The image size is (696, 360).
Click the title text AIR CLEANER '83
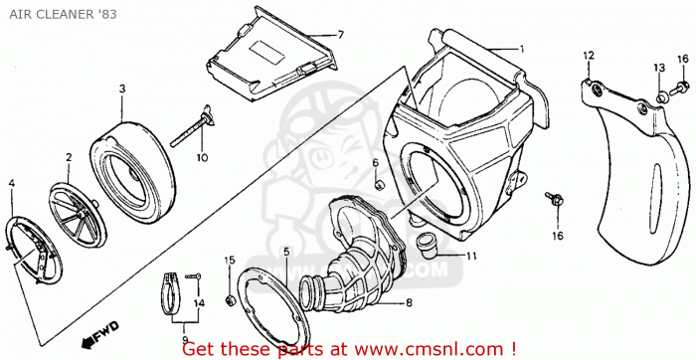pyautogui.click(x=63, y=14)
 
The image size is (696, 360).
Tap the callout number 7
pyautogui.click(x=340, y=35)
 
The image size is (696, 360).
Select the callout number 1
pyautogui.click(x=522, y=50)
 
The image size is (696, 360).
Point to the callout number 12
pyautogui.click(x=589, y=56)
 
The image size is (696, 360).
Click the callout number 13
pyautogui.click(x=659, y=68)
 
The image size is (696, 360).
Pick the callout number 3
pyautogui.click(x=122, y=89)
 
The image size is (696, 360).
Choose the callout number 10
pyautogui.click(x=202, y=157)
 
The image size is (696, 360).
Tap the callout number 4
pyautogui.click(x=12, y=183)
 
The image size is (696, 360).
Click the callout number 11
pyautogui.click(x=471, y=257)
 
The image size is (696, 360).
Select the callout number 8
pyautogui.click(x=409, y=303)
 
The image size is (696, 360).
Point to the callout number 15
pyautogui.click(x=229, y=261)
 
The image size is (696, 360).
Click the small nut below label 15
pyautogui.click(x=230, y=301)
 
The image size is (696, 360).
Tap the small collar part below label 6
pyautogui.click(x=378, y=184)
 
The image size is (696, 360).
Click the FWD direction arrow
pyautogui.click(x=99, y=332)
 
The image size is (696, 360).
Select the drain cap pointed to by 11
pyautogui.click(x=428, y=247)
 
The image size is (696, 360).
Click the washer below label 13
pyautogui.click(x=661, y=97)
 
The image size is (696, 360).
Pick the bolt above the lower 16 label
pyautogui.click(x=555, y=199)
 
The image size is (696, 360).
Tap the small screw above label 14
pyautogui.click(x=194, y=276)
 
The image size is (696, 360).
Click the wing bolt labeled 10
pyautogui.click(x=191, y=127)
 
